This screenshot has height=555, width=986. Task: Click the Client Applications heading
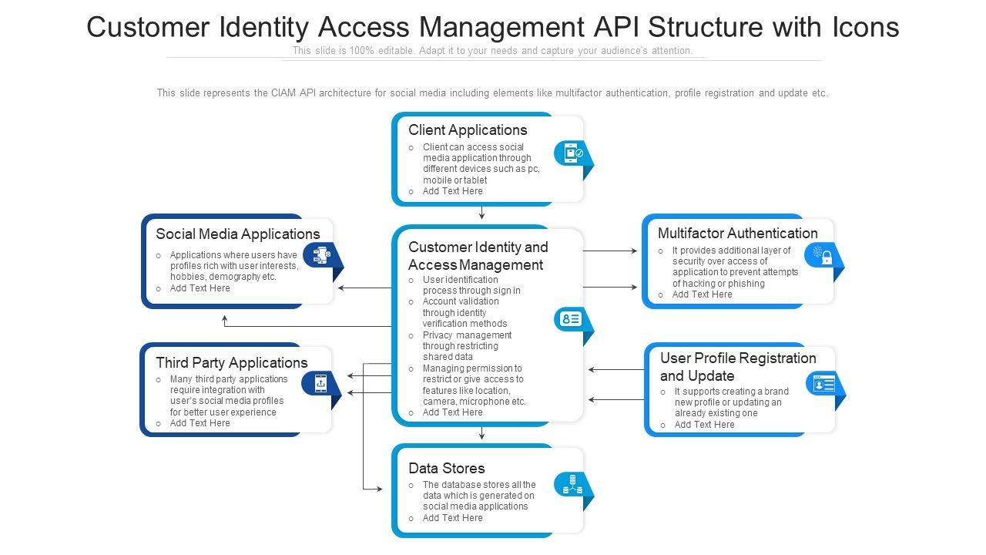(468, 129)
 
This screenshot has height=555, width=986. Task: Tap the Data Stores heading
(447, 468)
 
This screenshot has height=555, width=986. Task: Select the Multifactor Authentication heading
(737, 233)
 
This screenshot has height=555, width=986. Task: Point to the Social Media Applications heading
(237, 234)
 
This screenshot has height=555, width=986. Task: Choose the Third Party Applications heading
(231, 362)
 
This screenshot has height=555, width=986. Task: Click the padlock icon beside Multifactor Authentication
(822, 255)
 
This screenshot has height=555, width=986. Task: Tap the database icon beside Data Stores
(572, 484)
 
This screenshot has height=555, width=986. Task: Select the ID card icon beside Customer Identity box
(571, 319)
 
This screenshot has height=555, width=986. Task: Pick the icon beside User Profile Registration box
(823, 383)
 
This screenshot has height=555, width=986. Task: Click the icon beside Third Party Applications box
(320, 383)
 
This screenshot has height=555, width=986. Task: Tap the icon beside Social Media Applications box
(320, 255)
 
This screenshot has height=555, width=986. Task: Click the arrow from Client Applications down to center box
(481, 214)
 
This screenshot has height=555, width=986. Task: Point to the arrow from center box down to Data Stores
(481, 433)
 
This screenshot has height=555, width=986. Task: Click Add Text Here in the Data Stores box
(452, 518)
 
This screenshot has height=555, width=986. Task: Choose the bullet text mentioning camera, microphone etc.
(474, 401)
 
